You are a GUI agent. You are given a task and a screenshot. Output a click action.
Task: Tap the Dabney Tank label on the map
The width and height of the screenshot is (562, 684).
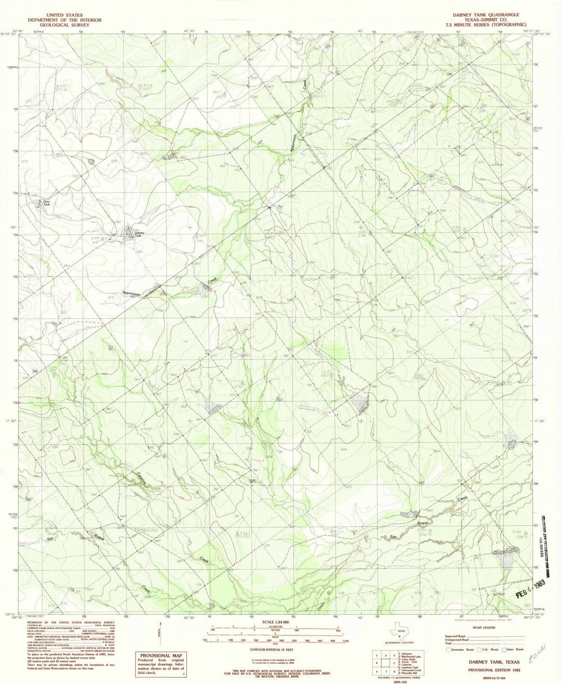tap(137, 234)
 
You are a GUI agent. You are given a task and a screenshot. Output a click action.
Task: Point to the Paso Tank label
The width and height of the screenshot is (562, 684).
tap(46, 204)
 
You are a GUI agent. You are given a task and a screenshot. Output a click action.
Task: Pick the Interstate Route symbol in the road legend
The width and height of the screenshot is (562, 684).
tap(449, 650)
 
